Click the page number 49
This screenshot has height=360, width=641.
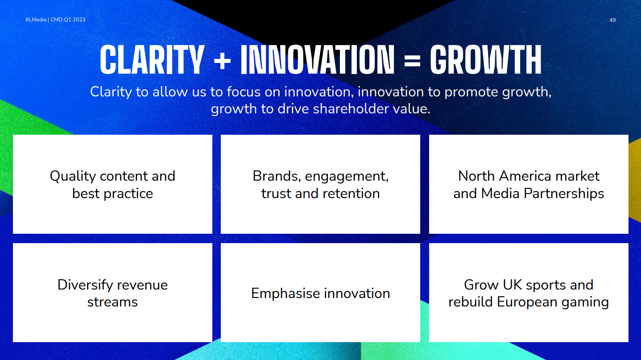click(612, 20)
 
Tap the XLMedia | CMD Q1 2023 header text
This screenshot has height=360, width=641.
click(55, 20)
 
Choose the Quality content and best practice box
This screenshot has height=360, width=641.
click(112, 184)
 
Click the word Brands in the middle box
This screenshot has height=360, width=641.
click(277, 176)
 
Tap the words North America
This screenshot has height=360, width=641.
click(504, 176)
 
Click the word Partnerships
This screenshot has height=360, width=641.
click(564, 194)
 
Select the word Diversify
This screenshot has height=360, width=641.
click(85, 285)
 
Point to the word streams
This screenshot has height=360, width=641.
click(112, 302)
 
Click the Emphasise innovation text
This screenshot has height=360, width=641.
click(320, 294)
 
